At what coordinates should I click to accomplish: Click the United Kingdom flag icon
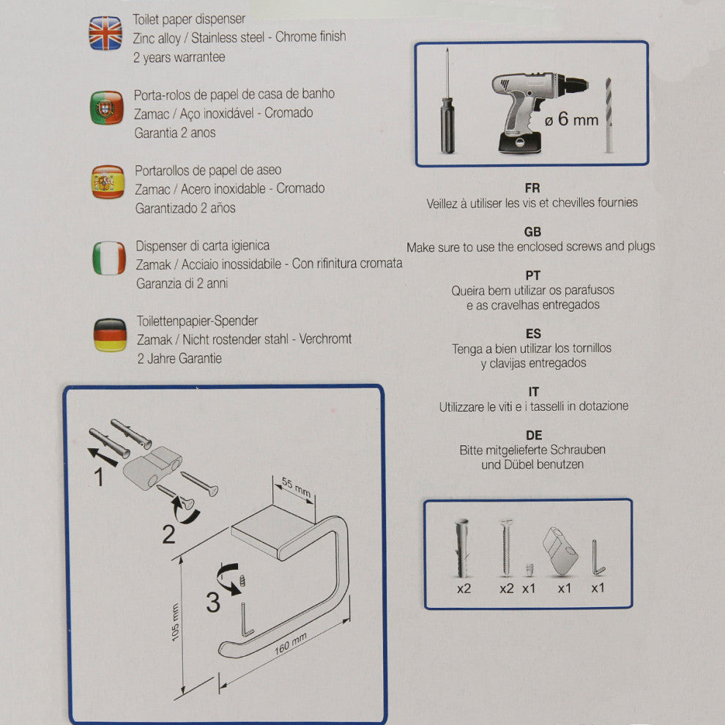105,33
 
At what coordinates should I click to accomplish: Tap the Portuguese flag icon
107,108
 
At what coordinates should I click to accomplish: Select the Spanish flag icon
108,182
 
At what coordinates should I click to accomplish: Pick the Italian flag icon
109,258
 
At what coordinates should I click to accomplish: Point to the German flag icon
110,335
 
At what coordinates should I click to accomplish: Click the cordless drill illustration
536,112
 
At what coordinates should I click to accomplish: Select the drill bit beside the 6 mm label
609,115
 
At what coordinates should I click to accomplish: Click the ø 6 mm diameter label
571,119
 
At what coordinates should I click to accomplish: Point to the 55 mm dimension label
296,487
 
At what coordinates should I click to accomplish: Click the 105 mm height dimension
175,622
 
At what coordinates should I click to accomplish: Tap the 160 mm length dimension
291,644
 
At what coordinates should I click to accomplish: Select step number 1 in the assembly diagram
98,477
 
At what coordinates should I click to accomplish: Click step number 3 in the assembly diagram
212,602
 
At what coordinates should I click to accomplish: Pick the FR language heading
532,188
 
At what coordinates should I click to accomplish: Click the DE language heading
534,436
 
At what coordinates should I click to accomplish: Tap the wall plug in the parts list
462,548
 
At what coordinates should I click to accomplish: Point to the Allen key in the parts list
597,557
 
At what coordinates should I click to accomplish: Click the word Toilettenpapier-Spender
197,321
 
